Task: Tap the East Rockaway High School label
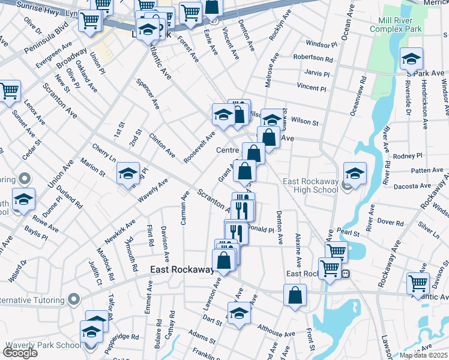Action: pos(311,186)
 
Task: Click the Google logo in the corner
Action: pos(20,353)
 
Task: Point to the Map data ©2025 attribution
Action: pos(424,355)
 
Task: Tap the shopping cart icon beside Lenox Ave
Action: pos(10,92)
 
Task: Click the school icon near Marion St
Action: pos(128,173)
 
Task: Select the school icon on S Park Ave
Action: pos(411,59)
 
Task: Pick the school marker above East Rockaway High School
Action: pos(355,173)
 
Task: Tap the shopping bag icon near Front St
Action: pos(295,295)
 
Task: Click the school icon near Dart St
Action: pos(239,313)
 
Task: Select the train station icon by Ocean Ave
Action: pos(346,274)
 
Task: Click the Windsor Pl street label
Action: pos(321,44)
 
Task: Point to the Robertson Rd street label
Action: pos(313,59)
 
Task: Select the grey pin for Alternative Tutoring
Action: pos(73,298)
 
